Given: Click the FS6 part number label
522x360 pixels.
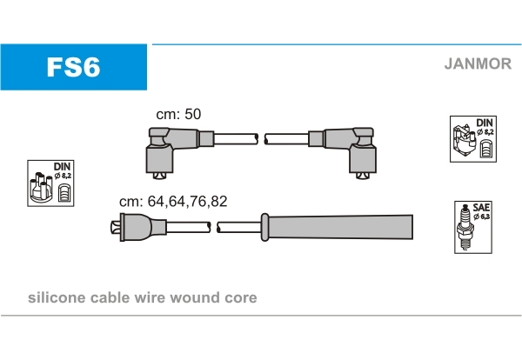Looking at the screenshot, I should [x=73, y=68].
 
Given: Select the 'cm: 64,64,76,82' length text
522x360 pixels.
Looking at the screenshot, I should [x=173, y=200].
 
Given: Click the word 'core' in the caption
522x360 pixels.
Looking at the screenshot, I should [x=241, y=298].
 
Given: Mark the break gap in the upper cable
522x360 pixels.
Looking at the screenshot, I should [x=262, y=138].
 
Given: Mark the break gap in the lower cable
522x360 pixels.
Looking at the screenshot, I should [x=214, y=228].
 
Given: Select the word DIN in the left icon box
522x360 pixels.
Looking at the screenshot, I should [x=63, y=165].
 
